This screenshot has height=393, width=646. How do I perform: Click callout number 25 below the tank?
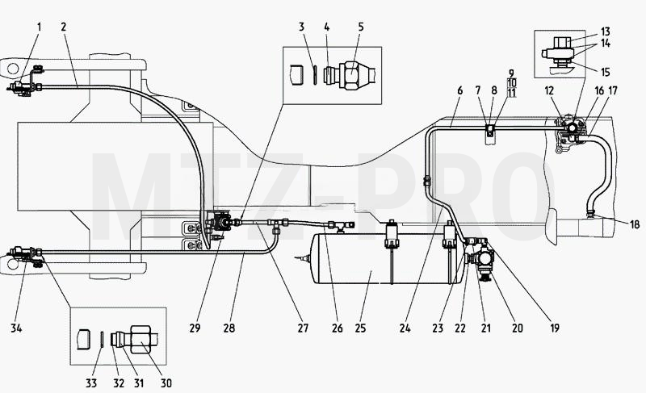click(x=360, y=328)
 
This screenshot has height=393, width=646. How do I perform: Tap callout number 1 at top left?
click(x=40, y=27)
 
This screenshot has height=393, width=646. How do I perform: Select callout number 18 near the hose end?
click(x=635, y=224)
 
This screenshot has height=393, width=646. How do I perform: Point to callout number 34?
click(x=16, y=328)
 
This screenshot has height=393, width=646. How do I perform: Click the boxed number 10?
click(x=512, y=83)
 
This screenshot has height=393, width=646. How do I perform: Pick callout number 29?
click(x=195, y=328)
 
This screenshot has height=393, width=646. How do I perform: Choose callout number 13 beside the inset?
click(x=605, y=31)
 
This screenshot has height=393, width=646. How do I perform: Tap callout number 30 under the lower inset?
click(x=166, y=383)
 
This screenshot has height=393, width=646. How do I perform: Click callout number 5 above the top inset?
click(x=361, y=27)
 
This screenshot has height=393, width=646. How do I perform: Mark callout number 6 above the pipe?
click(x=459, y=90)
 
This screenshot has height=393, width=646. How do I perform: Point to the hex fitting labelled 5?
click(x=350, y=75)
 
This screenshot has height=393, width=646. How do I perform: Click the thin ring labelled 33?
click(x=102, y=340)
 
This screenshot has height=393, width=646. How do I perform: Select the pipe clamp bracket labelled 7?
click(x=489, y=130)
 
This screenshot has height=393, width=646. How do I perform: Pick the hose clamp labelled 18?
click(x=590, y=213)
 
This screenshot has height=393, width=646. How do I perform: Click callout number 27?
click(x=303, y=328)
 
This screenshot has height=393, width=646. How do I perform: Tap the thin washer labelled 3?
click(x=314, y=74)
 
